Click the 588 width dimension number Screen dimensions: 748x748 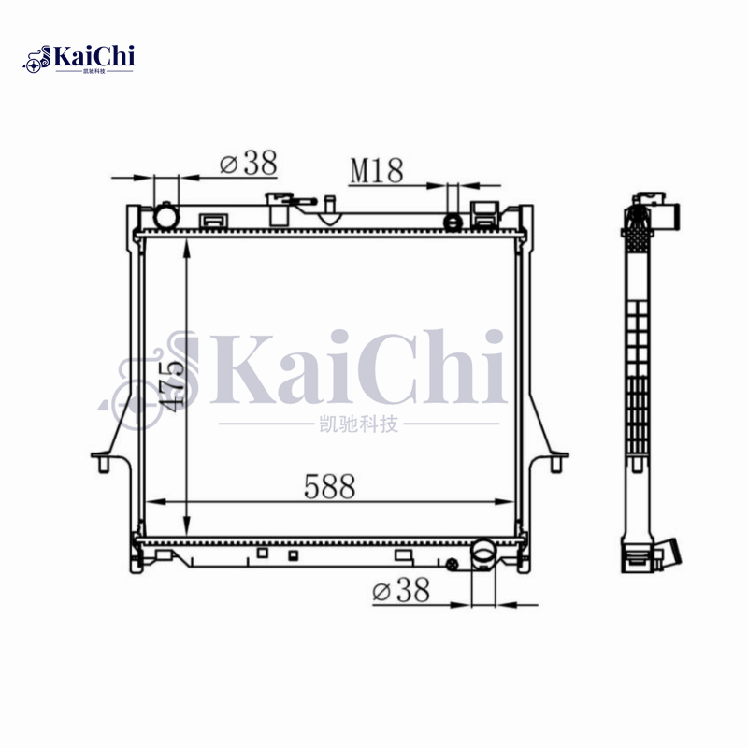coord(329,486)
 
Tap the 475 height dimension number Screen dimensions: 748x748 coord(168,382)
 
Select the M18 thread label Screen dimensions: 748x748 coord(377,170)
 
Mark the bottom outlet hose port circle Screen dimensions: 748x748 coord(483,555)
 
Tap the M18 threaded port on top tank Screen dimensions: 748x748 coord(453,222)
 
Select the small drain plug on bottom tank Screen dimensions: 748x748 coord(453,564)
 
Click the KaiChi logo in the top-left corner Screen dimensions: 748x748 coord(80,58)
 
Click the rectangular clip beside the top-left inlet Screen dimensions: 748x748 coord(211,221)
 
